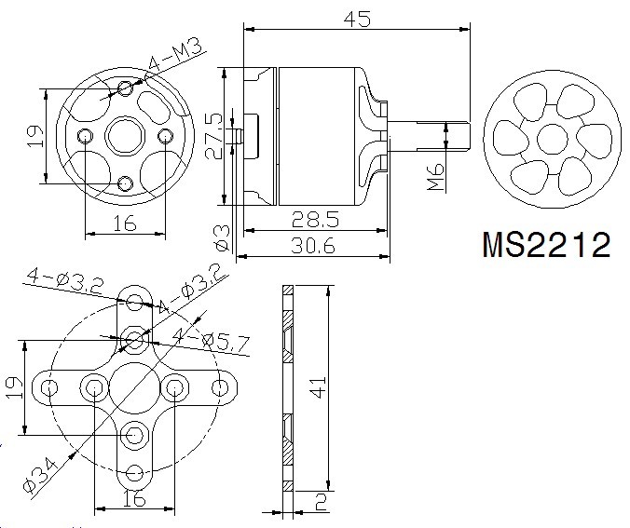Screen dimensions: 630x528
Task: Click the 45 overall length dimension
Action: (357, 19)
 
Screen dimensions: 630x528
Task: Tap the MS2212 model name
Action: (546, 245)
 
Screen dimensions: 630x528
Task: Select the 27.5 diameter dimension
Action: (214, 137)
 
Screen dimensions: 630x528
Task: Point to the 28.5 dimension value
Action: (315, 220)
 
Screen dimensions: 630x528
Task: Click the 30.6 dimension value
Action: (313, 245)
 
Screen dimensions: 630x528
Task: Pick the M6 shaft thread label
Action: (436, 176)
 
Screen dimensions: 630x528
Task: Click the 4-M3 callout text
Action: (175, 56)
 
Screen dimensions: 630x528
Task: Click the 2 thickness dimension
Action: (321, 502)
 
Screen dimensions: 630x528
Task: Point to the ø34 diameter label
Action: (40, 476)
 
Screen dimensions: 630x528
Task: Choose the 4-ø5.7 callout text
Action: (210, 342)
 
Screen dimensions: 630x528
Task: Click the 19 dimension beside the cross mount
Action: (15, 387)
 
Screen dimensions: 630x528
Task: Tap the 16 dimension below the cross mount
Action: (134, 498)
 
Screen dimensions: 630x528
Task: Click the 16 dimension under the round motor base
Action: (125, 223)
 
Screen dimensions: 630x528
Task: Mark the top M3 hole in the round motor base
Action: (126, 88)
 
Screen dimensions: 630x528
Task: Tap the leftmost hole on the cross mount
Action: (49, 388)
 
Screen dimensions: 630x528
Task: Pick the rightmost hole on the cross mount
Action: (220, 387)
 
